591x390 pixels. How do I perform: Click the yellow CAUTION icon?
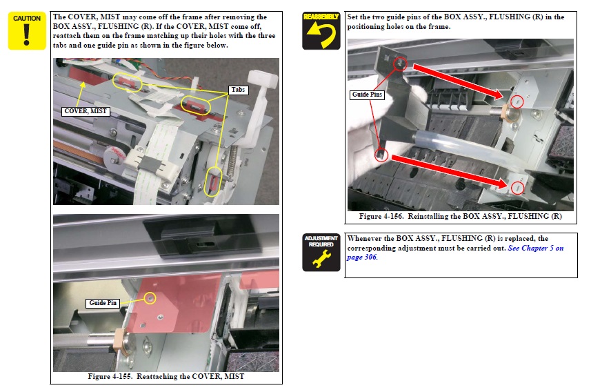click(27, 30)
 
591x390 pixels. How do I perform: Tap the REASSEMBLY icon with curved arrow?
click(321, 30)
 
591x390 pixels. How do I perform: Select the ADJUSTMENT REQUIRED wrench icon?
click(321, 253)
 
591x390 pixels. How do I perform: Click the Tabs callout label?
click(238, 90)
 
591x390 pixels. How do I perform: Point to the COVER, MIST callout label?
click(86, 111)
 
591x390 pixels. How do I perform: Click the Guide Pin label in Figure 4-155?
click(103, 303)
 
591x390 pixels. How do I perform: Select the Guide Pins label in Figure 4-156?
click(367, 95)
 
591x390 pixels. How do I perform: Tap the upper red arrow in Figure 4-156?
click(458, 81)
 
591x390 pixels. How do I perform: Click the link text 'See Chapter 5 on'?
click(536, 248)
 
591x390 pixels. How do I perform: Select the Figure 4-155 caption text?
click(166, 376)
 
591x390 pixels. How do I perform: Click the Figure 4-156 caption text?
click(460, 216)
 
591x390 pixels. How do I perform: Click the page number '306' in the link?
click(370, 257)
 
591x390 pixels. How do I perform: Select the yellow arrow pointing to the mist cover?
click(79, 95)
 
